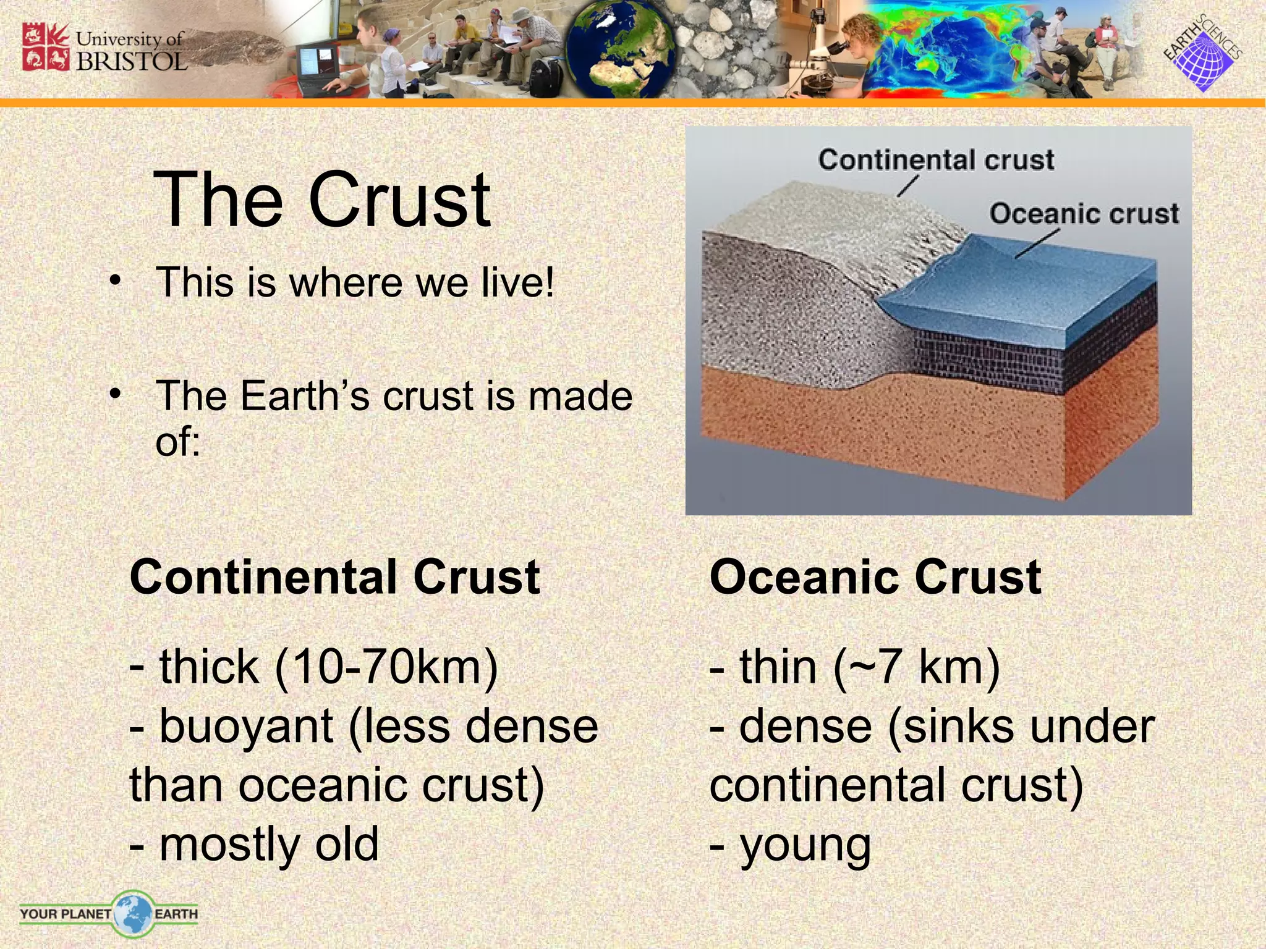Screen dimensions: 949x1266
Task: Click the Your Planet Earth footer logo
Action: pos(109,913)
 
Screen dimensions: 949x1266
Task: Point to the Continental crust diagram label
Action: pos(936,160)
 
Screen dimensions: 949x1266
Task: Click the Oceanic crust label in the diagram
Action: pos(1084,214)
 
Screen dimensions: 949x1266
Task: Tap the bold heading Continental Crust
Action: pos(335,577)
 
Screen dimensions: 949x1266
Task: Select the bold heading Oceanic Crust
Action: pos(875,577)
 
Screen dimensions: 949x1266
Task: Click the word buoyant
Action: pos(246,727)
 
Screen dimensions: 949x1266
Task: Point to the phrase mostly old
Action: pos(268,845)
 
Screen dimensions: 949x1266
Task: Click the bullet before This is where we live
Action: pos(114,282)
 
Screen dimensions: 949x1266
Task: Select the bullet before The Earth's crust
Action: pos(114,394)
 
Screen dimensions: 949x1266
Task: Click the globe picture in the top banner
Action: pos(618,49)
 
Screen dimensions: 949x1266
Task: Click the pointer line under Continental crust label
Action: pos(908,185)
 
